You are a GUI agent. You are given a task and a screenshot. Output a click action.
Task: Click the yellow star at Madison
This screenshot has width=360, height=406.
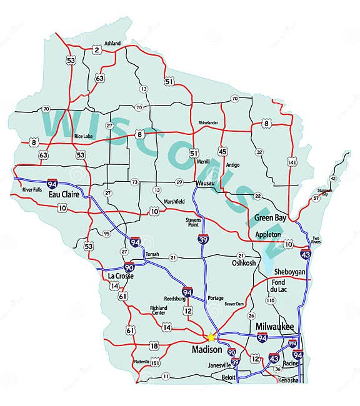[211, 337]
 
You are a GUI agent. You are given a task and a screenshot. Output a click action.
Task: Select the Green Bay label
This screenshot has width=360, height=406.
[271, 219]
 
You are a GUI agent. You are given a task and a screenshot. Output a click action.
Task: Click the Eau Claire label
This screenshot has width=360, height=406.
[63, 194]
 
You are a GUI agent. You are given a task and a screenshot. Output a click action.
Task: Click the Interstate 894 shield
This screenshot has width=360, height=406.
[292, 344]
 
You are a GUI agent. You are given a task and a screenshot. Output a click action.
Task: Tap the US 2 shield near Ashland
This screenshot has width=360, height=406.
[96, 49]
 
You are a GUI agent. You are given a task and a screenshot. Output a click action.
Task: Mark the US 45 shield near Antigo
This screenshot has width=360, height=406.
[222, 151]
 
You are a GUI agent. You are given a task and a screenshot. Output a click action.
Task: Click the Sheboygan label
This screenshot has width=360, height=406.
[289, 272]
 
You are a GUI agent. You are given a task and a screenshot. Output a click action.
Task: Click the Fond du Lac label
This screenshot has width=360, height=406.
[277, 286]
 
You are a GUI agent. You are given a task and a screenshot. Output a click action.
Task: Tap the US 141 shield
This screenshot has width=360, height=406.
[292, 162]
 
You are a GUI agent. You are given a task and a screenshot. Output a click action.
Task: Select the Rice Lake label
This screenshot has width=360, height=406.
[84, 136]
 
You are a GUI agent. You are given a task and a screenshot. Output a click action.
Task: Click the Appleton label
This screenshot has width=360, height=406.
[268, 234]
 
